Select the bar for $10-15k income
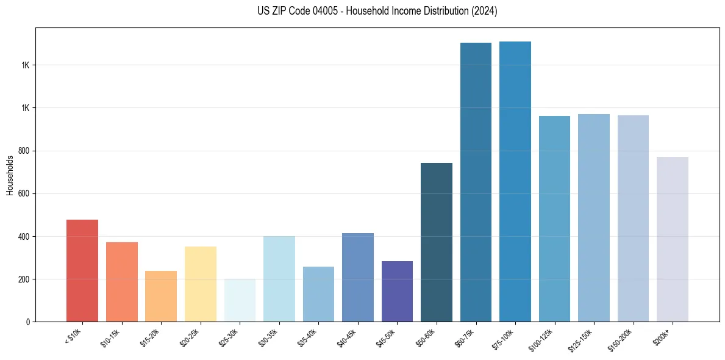[121, 282]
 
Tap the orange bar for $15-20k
[161, 296]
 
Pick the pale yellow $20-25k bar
[200, 284]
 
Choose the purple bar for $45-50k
[397, 291]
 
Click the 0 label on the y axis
[28, 322]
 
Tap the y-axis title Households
[10, 175]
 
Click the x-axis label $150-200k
[620, 337]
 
